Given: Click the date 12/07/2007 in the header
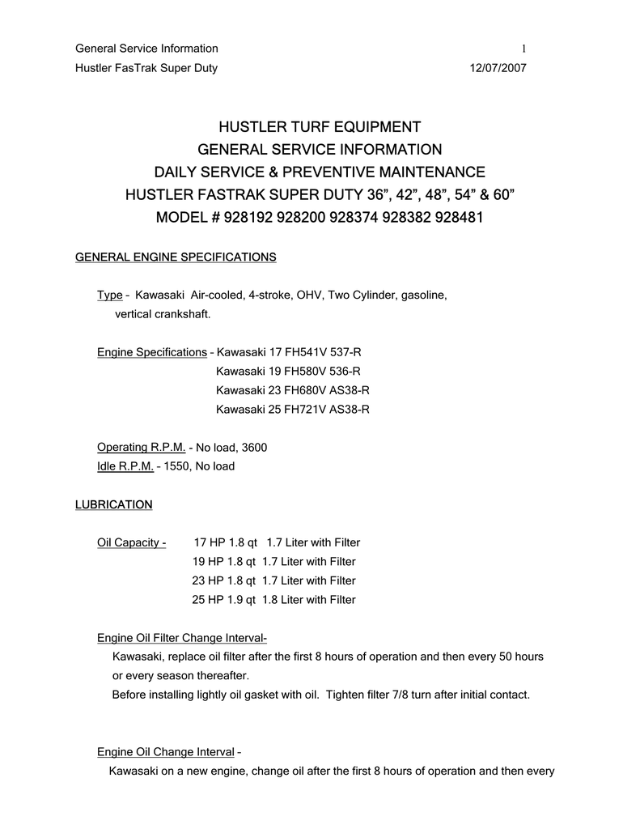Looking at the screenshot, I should tap(498, 68).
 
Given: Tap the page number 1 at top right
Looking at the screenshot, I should tap(524, 48).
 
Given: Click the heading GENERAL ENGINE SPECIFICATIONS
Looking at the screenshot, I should tap(176, 257).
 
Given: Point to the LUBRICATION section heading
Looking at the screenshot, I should tap(113, 504).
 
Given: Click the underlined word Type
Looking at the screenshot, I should tap(109, 295).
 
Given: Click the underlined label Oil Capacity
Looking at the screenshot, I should tap(130, 542).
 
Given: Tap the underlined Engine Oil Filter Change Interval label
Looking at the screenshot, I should tap(181, 638).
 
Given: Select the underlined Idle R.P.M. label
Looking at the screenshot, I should tap(125, 466).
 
